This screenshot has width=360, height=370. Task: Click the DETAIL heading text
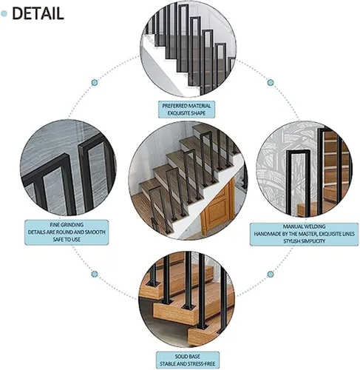point(38,13)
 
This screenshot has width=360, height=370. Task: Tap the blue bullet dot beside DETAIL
point(4,13)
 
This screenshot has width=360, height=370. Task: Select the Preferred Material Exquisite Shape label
point(186,110)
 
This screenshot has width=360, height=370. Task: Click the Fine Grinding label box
point(67,232)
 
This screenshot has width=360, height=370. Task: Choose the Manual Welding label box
point(304,234)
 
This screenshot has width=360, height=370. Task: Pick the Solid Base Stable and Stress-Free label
point(187,360)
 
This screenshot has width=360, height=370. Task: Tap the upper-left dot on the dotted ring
point(95,82)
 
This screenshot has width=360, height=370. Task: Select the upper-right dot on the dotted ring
point(271,82)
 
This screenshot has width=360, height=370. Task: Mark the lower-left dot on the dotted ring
point(95,274)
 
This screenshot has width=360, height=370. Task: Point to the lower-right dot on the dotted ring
point(271,274)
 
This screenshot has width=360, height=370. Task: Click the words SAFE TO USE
point(67,240)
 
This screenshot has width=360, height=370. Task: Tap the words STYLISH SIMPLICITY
point(304,241)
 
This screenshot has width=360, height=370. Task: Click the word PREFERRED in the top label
point(174,106)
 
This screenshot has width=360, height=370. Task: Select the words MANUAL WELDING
point(304,226)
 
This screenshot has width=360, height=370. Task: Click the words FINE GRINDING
point(67,225)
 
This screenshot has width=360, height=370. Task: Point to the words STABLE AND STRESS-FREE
point(187,364)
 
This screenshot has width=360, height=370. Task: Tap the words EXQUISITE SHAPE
point(186,113)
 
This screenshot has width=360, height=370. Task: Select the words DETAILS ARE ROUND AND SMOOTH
point(67,232)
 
